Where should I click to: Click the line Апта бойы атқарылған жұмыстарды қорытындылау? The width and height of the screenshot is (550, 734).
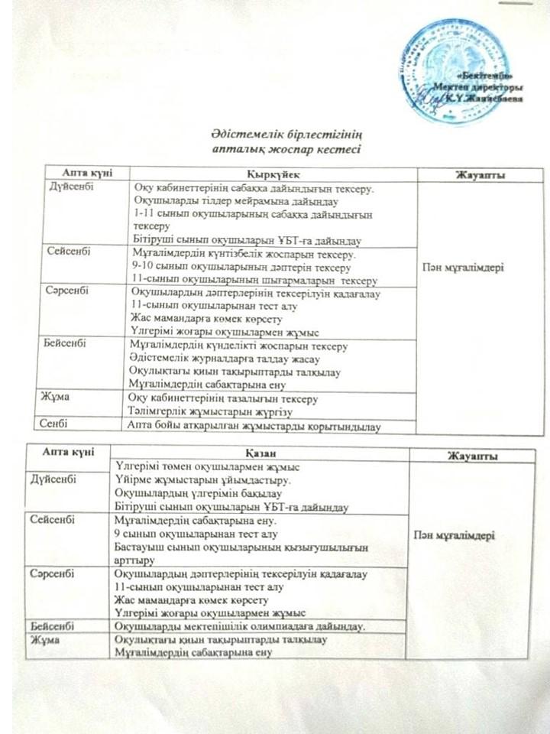[x=254, y=426]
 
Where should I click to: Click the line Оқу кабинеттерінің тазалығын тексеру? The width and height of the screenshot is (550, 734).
[x=225, y=399]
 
